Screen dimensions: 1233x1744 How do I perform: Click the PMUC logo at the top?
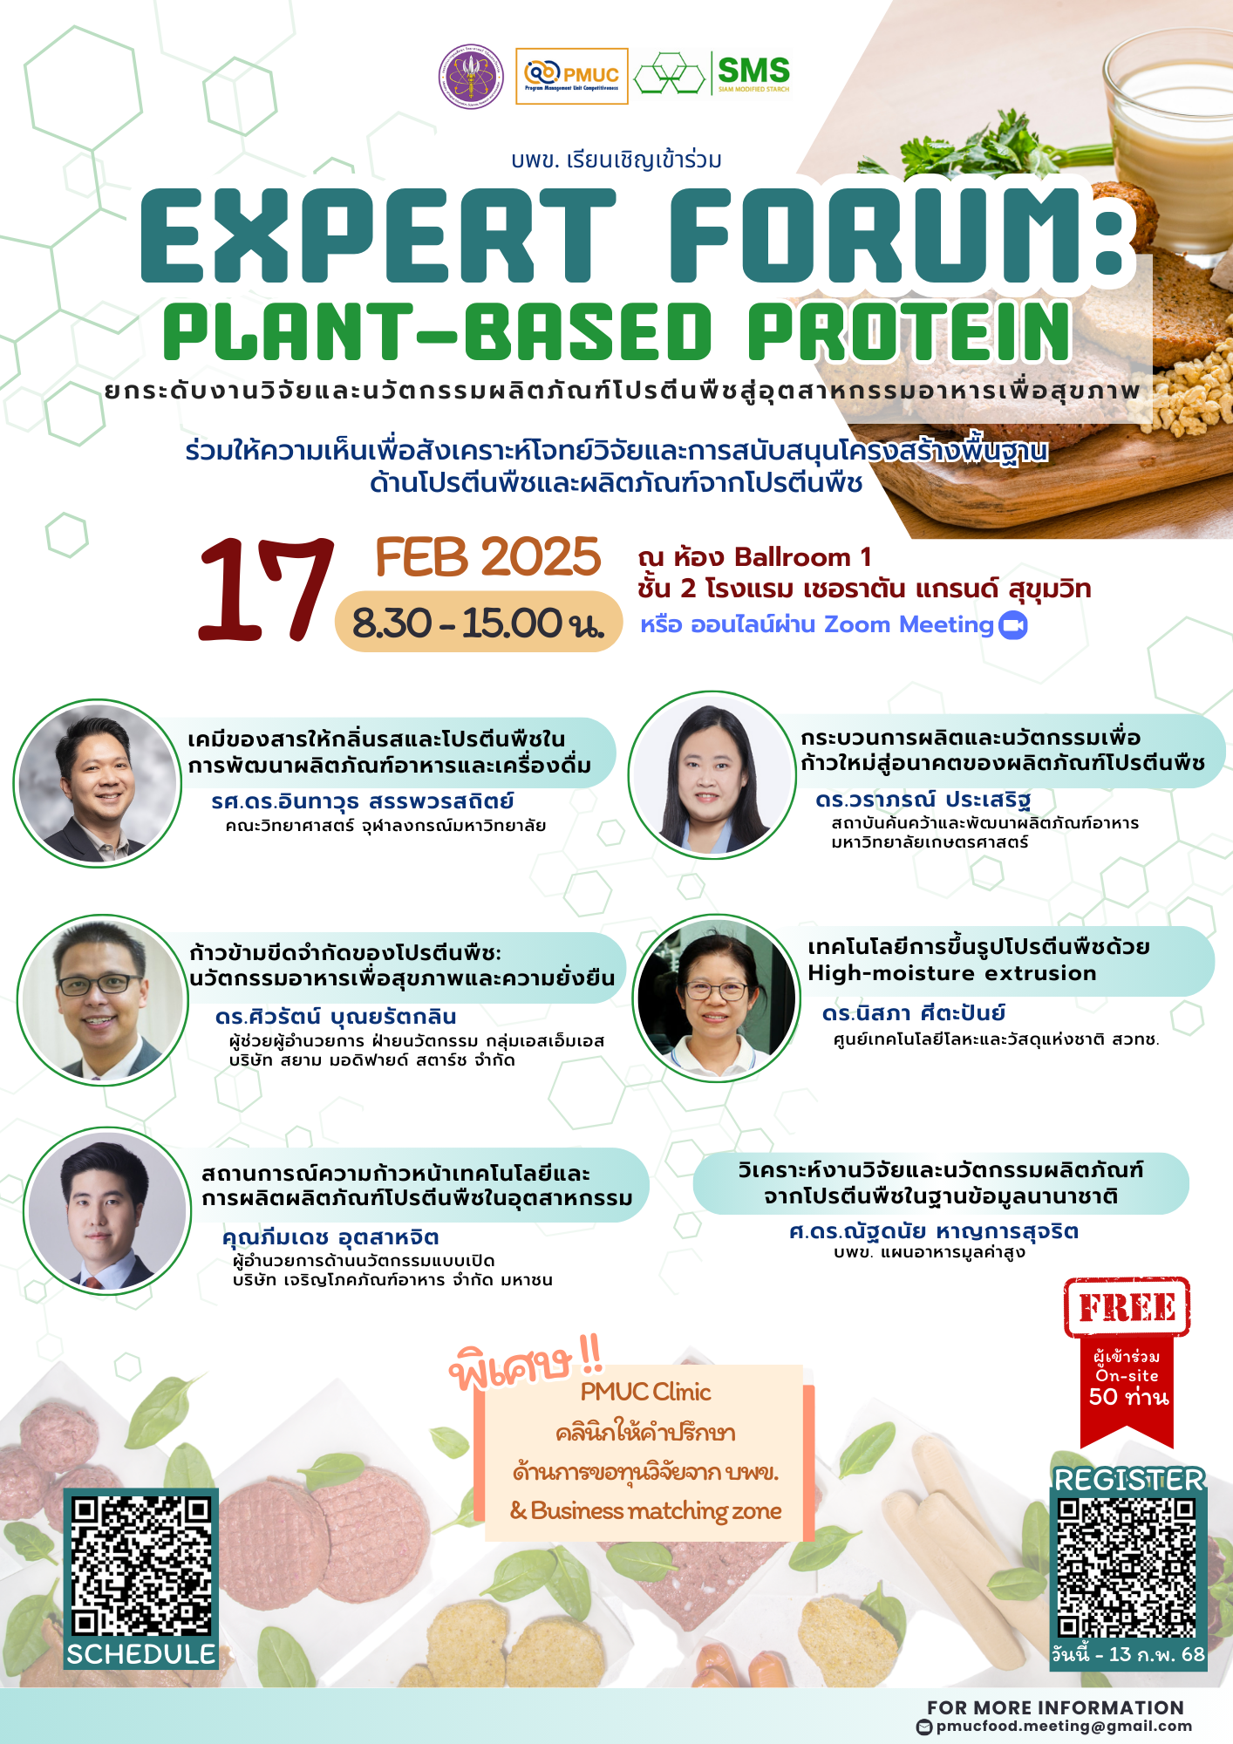click(572, 76)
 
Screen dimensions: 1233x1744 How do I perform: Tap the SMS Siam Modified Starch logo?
click(712, 73)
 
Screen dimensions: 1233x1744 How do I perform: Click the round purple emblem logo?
click(471, 77)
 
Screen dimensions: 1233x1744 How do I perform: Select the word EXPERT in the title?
click(378, 236)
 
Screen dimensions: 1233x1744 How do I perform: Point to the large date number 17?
click(266, 589)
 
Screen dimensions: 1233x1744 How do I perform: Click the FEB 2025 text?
click(488, 557)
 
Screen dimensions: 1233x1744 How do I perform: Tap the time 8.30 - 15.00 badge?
click(479, 622)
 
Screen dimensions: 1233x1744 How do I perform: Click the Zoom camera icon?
click(1013, 625)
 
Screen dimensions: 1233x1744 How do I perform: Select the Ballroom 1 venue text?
click(802, 557)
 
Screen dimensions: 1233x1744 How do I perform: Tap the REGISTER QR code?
click(1128, 1568)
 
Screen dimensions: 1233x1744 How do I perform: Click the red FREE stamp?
click(1127, 1307)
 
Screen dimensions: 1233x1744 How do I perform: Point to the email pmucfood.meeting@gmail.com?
click(1064, 1727)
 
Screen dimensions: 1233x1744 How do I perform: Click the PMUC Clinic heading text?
click(646, 1392)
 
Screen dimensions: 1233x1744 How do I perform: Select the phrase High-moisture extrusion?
click(952, 973)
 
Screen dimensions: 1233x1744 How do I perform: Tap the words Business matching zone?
click(656, 1511)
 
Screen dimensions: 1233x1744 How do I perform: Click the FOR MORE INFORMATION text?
click(1055, 1707)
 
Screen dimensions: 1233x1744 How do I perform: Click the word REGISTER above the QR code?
click(1129, 1480)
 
